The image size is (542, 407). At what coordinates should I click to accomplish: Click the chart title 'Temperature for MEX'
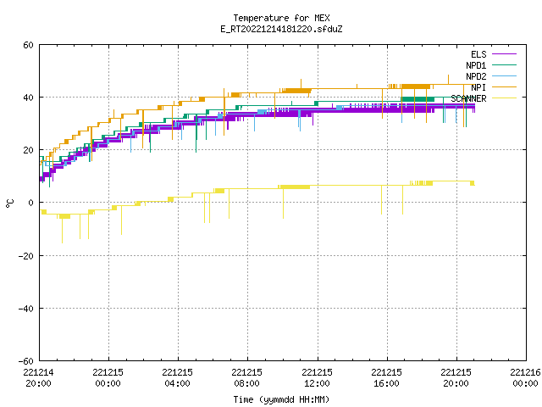pyautogui.click(x=281, y=18)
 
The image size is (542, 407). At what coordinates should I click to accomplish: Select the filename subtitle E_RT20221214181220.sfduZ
pyautogui.click(x=281, y=29)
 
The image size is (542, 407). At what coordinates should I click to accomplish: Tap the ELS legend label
pyautogui.click(x=478, y=54)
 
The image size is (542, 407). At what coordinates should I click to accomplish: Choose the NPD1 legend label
pyautogui.click(x=476, y=65)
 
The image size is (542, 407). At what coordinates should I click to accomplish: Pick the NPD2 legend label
pyautogui.click(x=476, y=76)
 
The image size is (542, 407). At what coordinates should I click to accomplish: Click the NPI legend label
pyautogui.click(x=478, y=87)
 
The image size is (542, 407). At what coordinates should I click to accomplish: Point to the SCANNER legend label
pyautogui.click(x=468, y=98)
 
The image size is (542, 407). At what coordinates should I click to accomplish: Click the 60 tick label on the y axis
pyautogui.click(x=28, y=45)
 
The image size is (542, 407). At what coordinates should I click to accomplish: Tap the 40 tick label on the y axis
pyautogui.click(x=28, y=98)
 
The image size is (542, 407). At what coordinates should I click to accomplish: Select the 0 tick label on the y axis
pyautogui.click(x=30, y=203)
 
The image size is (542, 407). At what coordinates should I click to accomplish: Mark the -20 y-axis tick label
pyautogui.click(x=26, y=256)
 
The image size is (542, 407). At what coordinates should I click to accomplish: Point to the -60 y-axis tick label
pyautogui.click(x=26, y=361)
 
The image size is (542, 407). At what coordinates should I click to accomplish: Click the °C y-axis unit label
pyautogui.click(x=9, y=203)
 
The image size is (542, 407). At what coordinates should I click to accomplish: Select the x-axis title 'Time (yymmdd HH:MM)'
pyautogui.click(x=281, y=399)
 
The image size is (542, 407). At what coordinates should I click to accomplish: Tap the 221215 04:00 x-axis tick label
pyautogui.click(x=177, y=378)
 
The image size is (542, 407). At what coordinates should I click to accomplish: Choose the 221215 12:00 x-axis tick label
pyautogui.click(x=317, y=378)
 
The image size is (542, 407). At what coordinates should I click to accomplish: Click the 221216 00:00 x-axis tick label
pyautogui.click(x=525, y=378)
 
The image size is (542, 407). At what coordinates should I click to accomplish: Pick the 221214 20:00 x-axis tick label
pyautogui.click(x=38, y=378)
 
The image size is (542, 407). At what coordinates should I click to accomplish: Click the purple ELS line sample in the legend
pyautogui.click(x=505, y=54)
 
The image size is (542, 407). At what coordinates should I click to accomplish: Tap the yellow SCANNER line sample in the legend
pyautogui.click(x=505, y=98)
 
